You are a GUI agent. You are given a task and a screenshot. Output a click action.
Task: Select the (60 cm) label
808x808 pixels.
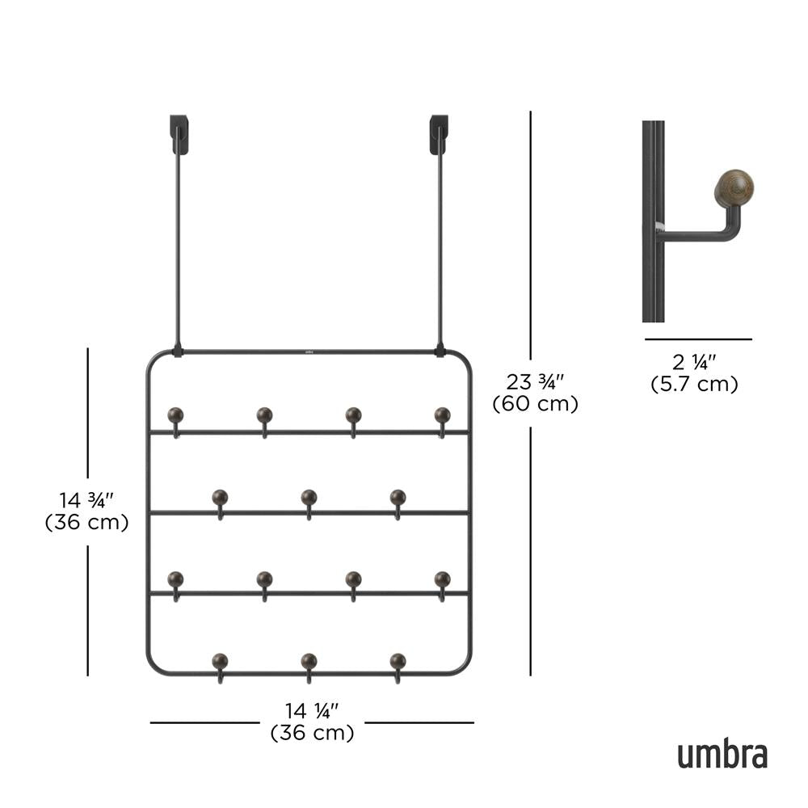[x=536, y=404]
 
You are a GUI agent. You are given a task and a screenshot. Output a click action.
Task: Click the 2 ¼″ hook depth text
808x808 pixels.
[x=694, y=362]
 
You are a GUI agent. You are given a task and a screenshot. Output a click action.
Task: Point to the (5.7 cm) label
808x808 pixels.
[x=694, y=385]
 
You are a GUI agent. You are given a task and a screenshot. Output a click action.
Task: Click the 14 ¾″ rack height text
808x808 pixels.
[x=87, y=499]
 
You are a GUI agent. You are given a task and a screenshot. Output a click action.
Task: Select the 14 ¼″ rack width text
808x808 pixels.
[x=312, y=711]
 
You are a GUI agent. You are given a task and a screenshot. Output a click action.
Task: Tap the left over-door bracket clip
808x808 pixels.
[x=179, y=134]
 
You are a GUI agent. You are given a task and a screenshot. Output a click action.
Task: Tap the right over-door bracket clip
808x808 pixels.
[x=439, y=134]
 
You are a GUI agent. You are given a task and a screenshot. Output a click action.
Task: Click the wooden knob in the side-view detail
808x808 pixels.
[x=733, y=188]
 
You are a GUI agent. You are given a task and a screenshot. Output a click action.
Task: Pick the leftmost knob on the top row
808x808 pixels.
[x=175, y=415]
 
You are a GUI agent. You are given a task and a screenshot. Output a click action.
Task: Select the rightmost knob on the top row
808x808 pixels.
[x=442, y=415]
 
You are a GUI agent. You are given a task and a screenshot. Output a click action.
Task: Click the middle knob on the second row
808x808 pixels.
[x=309, y=497]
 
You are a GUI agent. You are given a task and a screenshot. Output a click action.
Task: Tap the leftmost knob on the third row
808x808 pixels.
[x=175, y=579]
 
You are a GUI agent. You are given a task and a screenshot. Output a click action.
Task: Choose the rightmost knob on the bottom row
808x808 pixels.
[x=398, y=661]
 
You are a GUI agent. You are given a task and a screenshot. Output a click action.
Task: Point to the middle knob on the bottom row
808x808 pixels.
[x=309, y=661]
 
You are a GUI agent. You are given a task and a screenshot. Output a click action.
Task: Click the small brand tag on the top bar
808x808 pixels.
[x=309, y=351]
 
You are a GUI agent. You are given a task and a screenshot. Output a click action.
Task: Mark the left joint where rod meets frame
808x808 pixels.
[x=178, y=352]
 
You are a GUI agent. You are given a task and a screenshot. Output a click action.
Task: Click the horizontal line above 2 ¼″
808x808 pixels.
[x=697, y=339]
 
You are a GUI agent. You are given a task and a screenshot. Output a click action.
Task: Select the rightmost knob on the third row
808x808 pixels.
[x=442, y=579]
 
